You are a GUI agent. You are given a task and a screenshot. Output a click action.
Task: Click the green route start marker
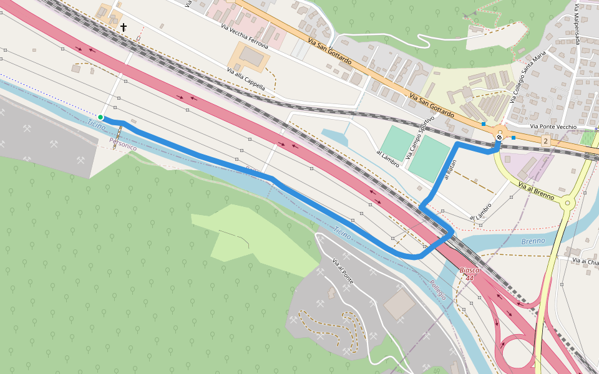tap(100, 117)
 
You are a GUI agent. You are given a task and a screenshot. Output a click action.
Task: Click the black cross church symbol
tap(124, 27)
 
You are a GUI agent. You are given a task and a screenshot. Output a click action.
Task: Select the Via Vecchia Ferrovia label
tap(245, 37)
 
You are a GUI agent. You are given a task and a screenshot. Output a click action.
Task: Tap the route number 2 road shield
tap(545, 141)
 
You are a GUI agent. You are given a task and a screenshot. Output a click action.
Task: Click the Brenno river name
tap(533, 241)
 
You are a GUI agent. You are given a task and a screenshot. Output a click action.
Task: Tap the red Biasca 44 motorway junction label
tap(469, 274)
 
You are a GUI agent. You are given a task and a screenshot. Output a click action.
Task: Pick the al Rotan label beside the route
tap(450, 170)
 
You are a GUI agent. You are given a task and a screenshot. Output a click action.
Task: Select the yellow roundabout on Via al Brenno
tap(567, 202)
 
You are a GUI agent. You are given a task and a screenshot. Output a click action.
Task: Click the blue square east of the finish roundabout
tap(514, 137)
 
